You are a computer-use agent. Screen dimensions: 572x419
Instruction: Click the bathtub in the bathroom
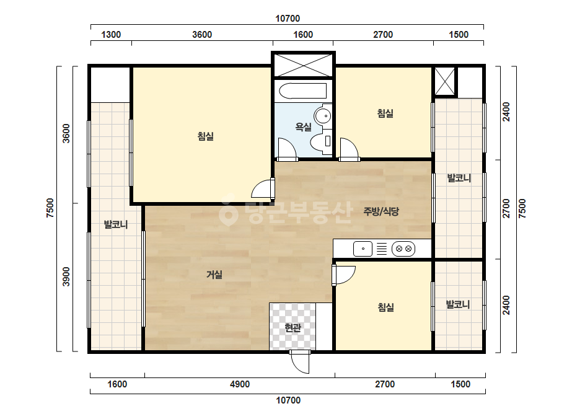(x=303, y=91)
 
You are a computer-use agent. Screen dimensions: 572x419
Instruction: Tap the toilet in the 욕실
(x=322, y=141)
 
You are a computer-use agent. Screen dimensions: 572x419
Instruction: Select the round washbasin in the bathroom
(x=323, y=117)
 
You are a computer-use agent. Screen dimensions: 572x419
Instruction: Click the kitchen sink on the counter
(x=363, y=249)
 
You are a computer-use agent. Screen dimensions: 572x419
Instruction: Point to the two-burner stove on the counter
(x=403, y=249)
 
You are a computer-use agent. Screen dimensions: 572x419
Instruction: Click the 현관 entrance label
(x=293, y=328)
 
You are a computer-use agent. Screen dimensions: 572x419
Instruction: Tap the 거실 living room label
(x=214, y=274)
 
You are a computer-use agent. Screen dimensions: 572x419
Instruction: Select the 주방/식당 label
(x=381, y=211)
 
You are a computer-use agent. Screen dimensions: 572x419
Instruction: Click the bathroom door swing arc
(x=287, y=148)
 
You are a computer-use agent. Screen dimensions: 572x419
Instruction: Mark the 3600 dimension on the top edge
(x=202, y=35)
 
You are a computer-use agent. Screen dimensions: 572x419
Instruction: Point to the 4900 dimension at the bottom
(x=240, y=384)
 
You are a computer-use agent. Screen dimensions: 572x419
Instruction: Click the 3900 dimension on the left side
(x=66, y=276)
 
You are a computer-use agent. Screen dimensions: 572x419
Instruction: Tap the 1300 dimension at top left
(x=111, y=35)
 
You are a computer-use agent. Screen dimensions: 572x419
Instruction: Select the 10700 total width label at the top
(x=288, y=19)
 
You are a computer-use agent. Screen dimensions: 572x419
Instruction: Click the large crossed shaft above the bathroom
(x=303, y=65)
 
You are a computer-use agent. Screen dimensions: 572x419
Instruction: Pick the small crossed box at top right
(x=445, y=82)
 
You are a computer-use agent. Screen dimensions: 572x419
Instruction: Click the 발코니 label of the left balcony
(x=116, y=224)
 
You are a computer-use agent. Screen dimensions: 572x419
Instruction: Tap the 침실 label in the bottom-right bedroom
(x=385, y=307)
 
